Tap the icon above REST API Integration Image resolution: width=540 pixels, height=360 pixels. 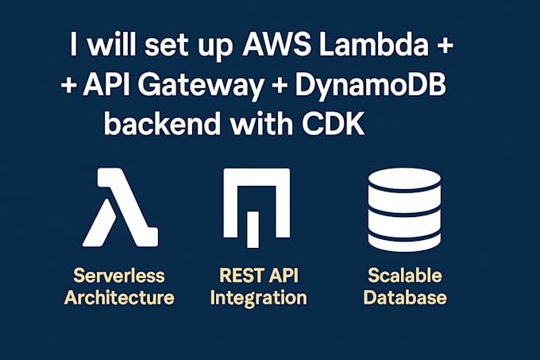(256, 207)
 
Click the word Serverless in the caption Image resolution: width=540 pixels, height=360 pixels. (119, 276)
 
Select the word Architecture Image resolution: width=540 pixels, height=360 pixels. (119, 298)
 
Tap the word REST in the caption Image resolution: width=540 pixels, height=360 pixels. (238, 276)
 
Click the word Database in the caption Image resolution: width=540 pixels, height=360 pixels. (407, 298)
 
